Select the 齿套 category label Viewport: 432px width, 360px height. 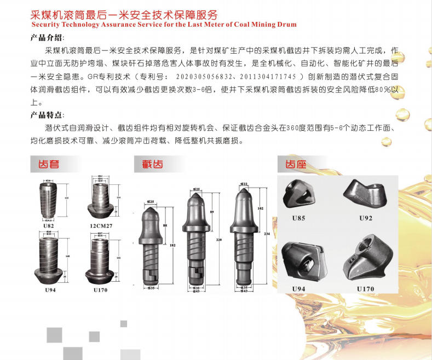click(48, 164)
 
